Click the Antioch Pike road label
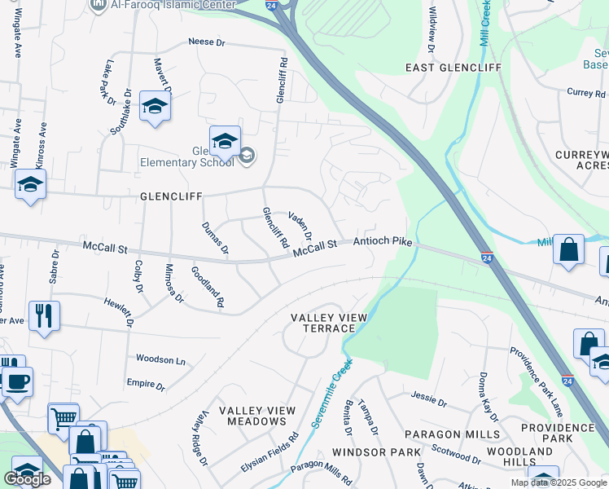point(382,242)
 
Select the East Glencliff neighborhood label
point(453,68)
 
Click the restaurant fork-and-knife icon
point(43,315)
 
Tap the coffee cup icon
point(18,381)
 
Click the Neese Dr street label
point(205,42)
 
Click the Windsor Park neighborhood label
point(376,452)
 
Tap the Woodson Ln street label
point(160,359)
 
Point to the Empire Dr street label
point(146,383)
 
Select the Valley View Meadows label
point(252,416)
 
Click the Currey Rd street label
point(585,93)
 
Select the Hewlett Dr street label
point(117,311)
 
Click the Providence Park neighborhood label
point(558,433)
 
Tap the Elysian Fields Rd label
point(265,456)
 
